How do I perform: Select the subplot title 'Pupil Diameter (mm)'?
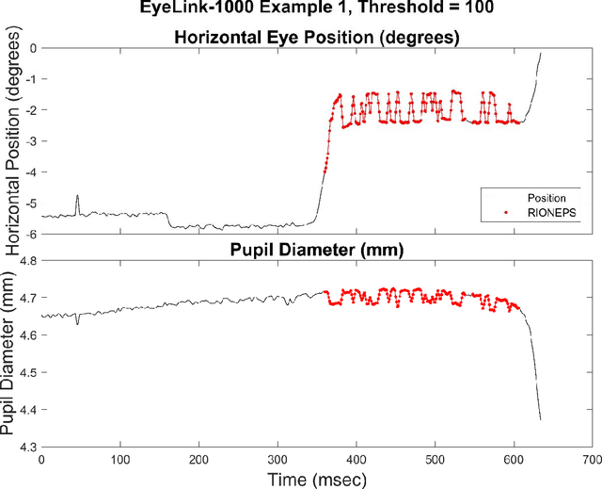pyautogui.click(x=315, y=250)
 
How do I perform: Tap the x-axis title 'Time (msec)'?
pyautogui.click(x=315, y=477)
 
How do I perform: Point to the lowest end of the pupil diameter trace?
pyautogui.click(x=540, y=419)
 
